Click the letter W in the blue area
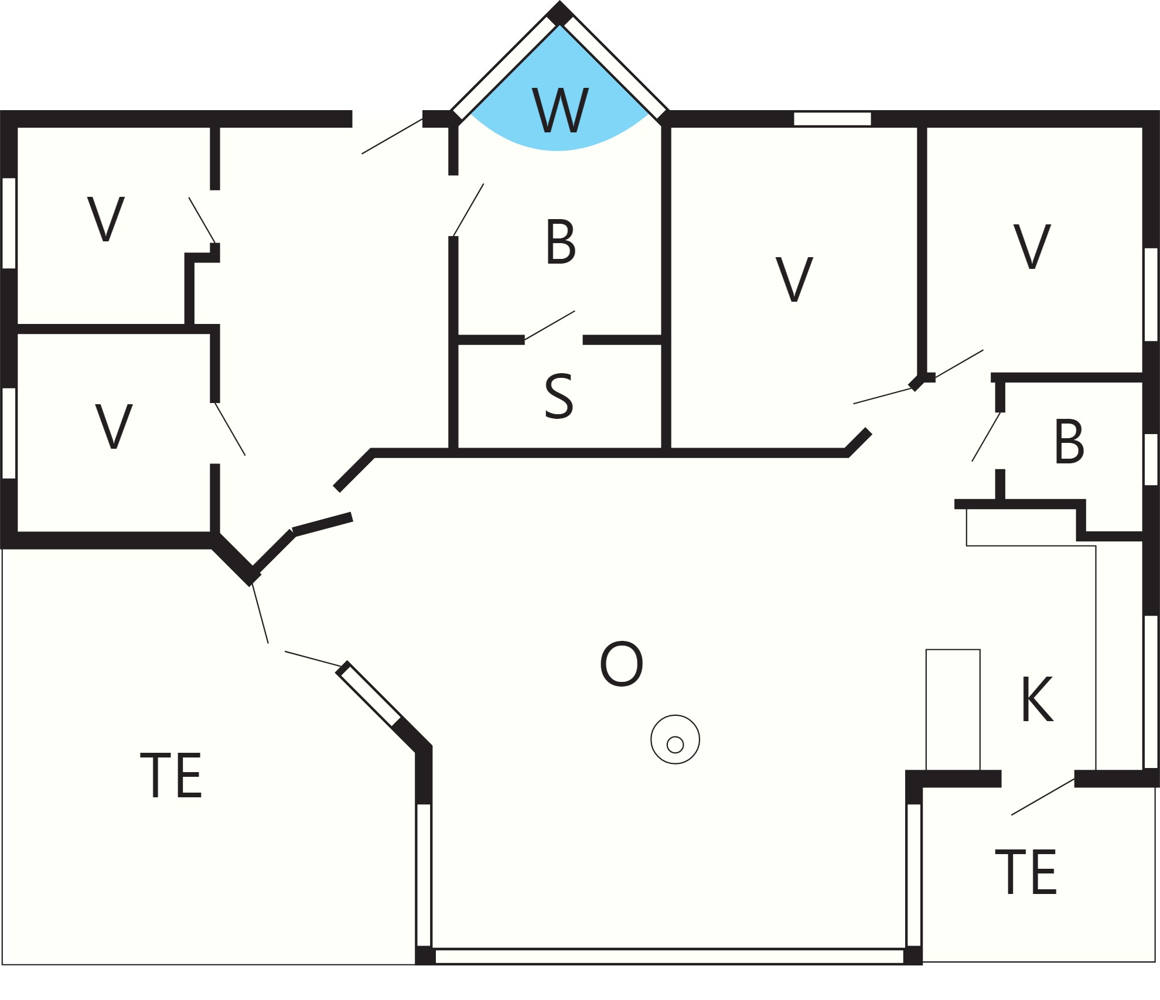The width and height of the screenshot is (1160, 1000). [560, 110]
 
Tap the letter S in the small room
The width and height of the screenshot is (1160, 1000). [559, 396]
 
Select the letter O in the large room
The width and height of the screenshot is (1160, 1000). [622, 664]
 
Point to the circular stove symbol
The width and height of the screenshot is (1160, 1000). [675, 739]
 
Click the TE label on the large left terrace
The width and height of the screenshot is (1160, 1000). [171, 775]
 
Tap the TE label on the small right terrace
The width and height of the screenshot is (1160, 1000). [1026, 872]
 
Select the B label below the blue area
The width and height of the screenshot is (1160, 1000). [561, 241]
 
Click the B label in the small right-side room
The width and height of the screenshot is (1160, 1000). [1069, 442]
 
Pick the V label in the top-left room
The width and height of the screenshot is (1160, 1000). [106, 219]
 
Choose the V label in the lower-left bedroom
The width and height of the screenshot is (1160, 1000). [114, 426]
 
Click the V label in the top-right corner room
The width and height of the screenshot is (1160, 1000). [1032, 247]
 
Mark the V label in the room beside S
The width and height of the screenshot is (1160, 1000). [794, 279]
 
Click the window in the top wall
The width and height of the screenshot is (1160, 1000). [833, 119]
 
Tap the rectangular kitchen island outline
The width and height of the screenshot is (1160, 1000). [953, 709]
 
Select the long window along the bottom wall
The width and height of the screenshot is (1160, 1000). [669, 957]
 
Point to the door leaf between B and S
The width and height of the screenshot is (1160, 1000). [550, 325]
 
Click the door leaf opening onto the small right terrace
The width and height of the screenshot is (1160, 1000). [1043, 797]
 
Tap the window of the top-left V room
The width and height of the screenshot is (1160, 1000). [9, 223]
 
